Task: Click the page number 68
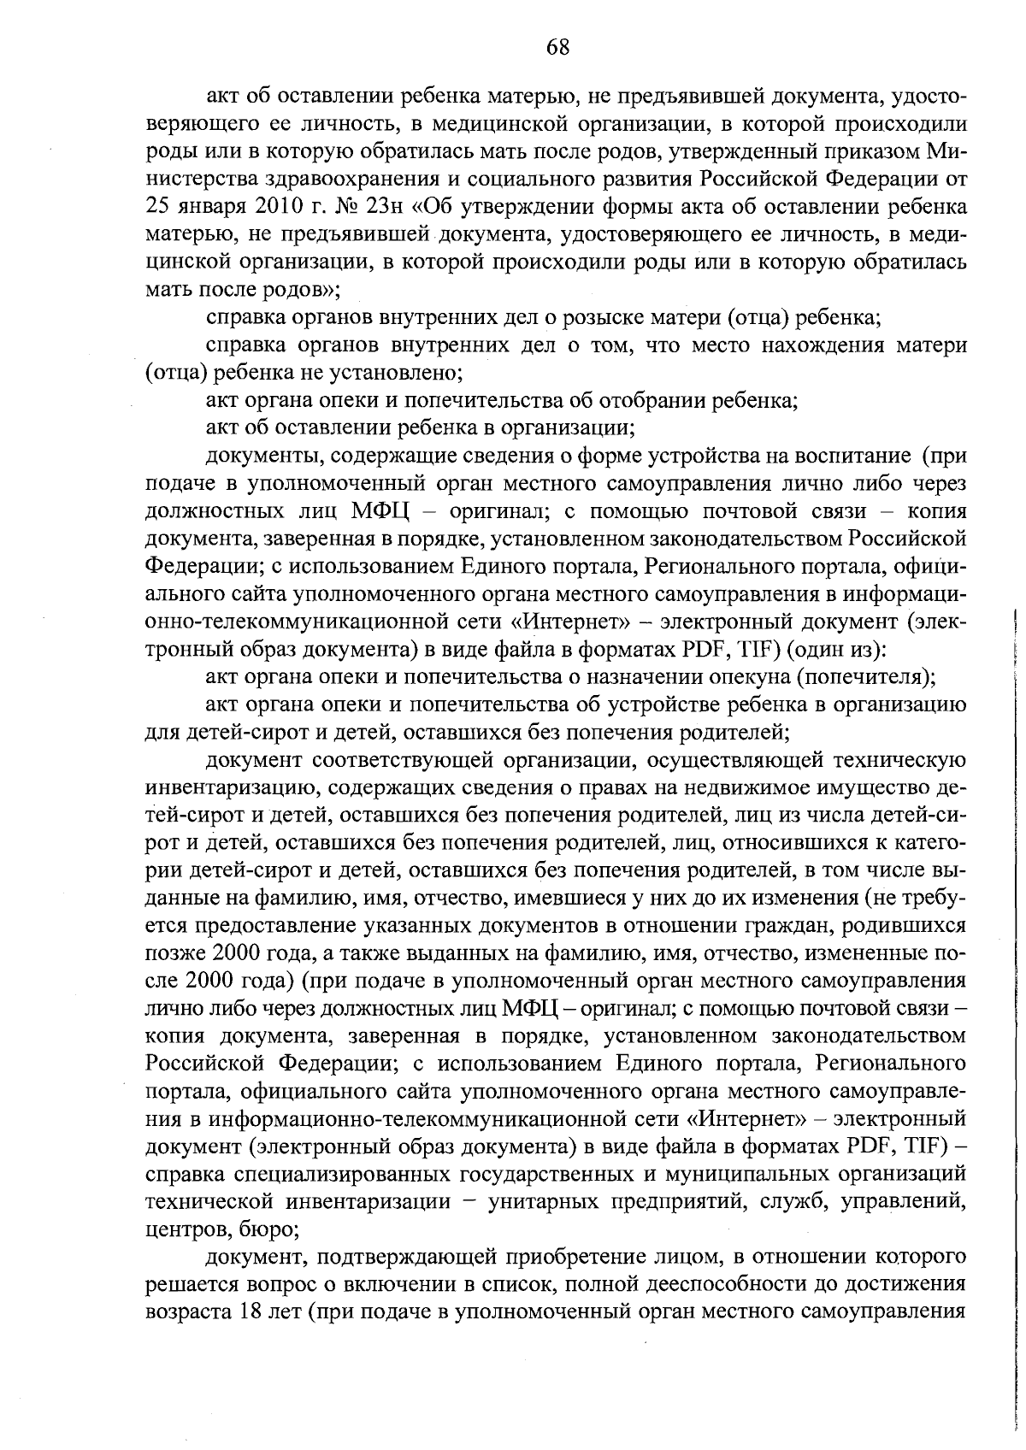[x=557, y=48]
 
